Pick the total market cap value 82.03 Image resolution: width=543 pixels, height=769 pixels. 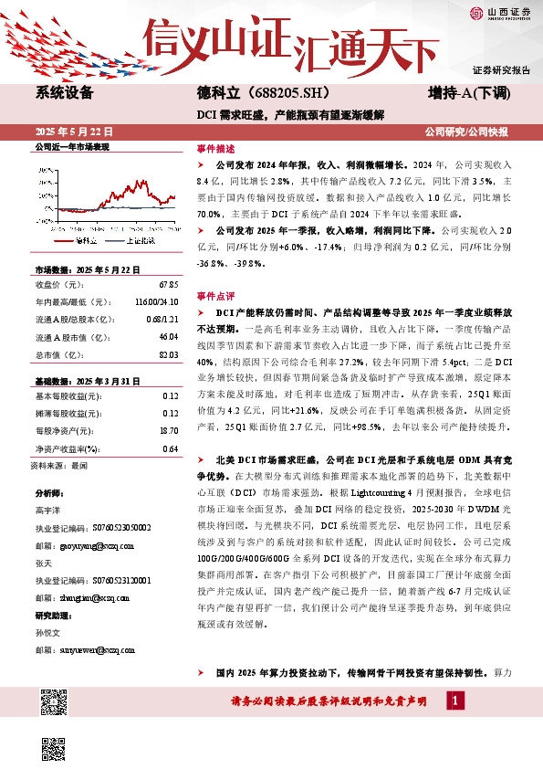click(167, 353)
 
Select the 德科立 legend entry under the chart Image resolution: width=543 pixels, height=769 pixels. click(88, 239)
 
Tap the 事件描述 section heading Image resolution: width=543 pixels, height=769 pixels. click(215, 147)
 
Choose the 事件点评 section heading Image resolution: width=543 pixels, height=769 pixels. click(215, 297)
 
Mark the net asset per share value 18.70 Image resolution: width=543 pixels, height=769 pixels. click(168, 429)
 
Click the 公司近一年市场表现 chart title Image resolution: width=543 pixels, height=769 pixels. click(71, 146)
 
